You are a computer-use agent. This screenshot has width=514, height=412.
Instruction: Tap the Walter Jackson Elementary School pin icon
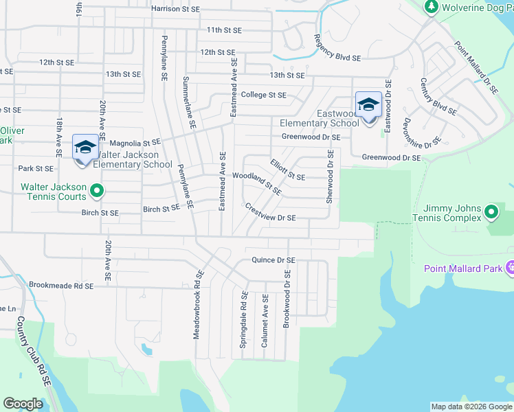(x=85, y=147)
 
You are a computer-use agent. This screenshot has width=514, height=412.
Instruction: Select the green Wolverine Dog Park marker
(x=432, y=7)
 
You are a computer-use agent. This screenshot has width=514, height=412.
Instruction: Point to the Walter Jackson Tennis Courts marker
(x=97, y=191)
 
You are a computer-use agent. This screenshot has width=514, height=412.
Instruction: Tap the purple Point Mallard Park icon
(x=509, y=268)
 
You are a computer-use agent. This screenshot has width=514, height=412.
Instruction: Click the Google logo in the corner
(x=23, y=404)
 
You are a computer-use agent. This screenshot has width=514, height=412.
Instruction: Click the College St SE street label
(x=263, y=95)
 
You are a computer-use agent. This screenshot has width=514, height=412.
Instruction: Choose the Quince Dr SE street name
(x=273, y=260)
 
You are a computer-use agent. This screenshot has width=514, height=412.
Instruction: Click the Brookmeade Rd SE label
(x=60, y=284)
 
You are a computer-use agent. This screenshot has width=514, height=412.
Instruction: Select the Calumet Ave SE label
(x=265, y=321)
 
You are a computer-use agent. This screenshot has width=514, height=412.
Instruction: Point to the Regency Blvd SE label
(x=337, y=49)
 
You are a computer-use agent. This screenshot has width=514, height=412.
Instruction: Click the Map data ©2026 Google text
(x=471, y=407)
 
